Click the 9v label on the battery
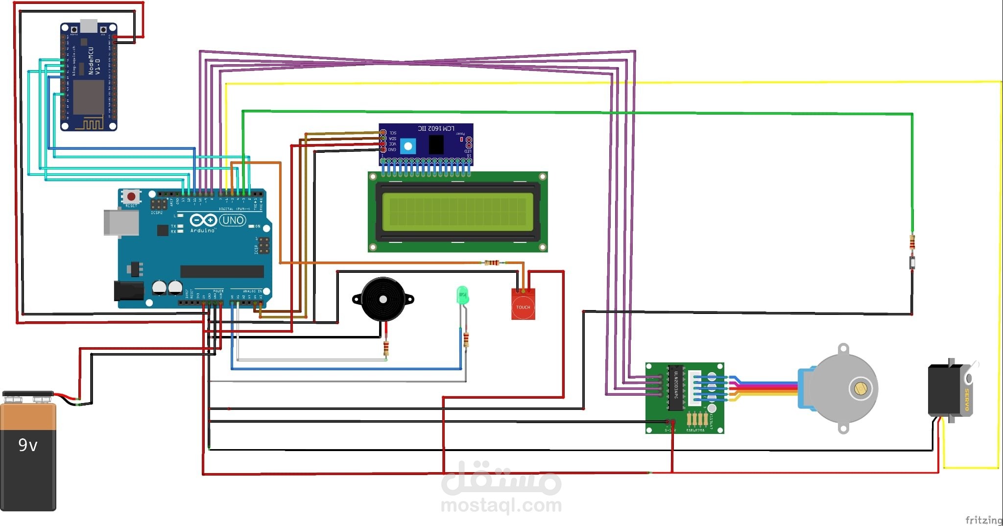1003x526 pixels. [x=28, y=445]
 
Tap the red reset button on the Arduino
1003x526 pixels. [x=131, y=196]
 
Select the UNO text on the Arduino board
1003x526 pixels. [x=233, y=220]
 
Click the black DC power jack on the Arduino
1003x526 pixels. [x=129, y=290]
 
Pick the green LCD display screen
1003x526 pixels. [x=457, y=212]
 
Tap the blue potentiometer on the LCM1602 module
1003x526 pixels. [x=407, y=146]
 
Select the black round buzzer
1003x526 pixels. [x=383, y=299]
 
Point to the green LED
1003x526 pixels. [x=462, y=295]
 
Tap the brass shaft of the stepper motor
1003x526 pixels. [x=860, y=388]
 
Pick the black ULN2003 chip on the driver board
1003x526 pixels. [x=676, y=387]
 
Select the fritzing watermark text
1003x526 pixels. [x=983, y=520]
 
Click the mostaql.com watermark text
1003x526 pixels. [x=501, y=505]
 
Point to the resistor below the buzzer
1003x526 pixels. [x=386, y=348]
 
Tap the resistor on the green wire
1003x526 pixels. [x=912, y=242]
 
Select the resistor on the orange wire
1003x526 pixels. [x=492, y=263]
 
